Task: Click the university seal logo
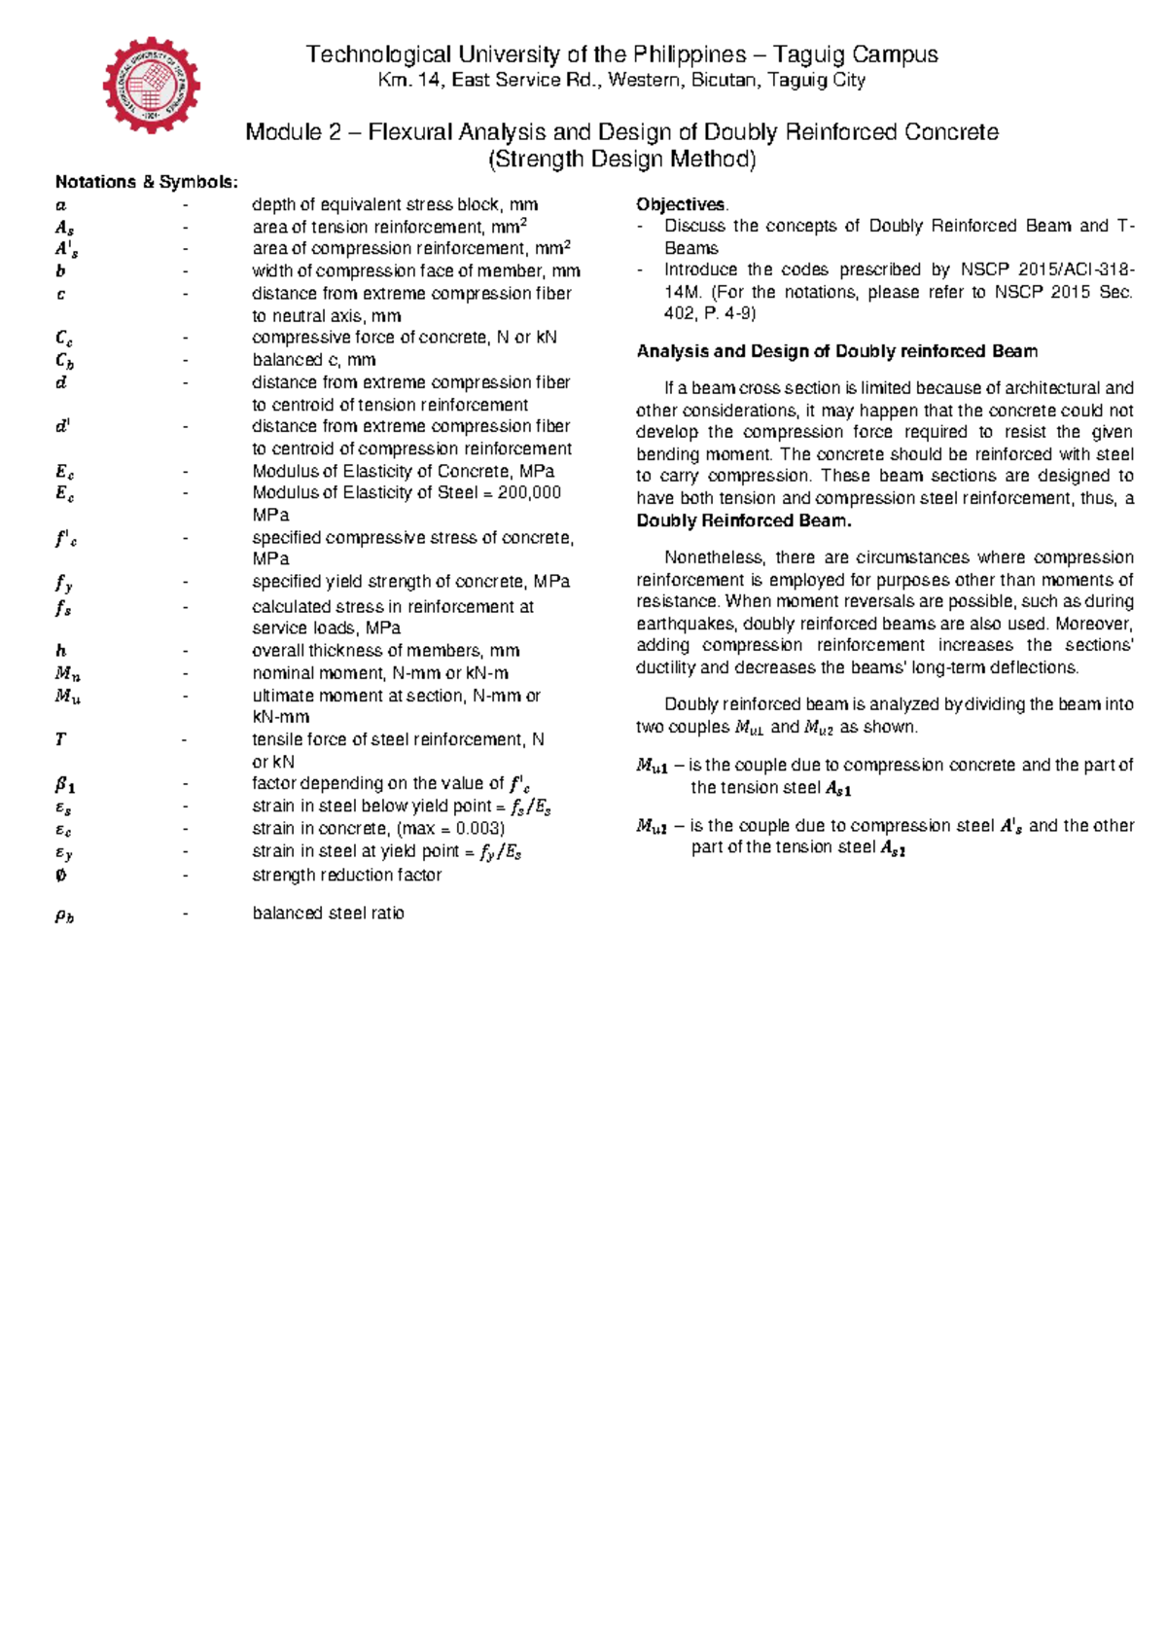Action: (x=152, y=86)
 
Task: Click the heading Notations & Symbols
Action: (x=146, y=182)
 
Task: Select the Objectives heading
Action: (x=681, y=204)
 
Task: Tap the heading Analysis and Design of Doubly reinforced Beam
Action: (x=836, y=351)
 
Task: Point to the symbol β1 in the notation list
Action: (x=65, y=784)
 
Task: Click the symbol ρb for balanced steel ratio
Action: (x=64, y=915)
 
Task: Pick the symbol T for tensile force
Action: (x=60, y=739)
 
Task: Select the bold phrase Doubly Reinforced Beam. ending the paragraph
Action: (x=744, y=520)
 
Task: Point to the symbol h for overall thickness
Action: (x=61, y=651)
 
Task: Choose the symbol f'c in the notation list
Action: (x=66, y=538)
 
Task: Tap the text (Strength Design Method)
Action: (x=622, y=160)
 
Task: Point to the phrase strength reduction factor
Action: (x=346, y=875)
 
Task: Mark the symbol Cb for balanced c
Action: (x=64, y=361)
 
